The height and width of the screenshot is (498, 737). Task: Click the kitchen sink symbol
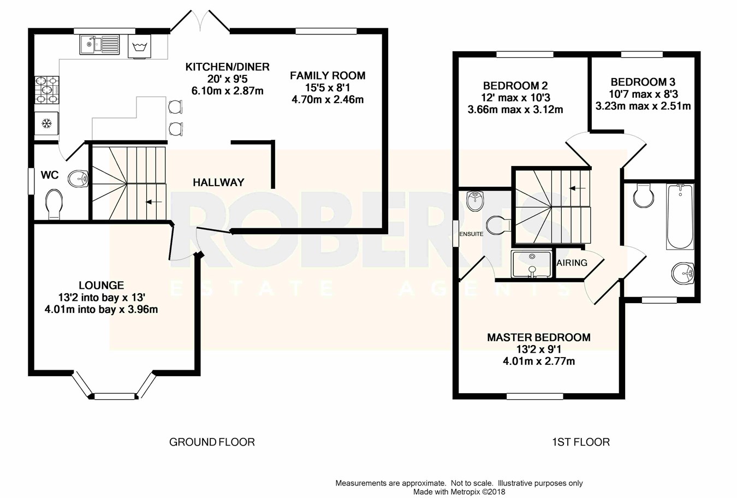(x=99, y=44)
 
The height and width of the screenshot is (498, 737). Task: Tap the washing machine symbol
(x=140, y=46)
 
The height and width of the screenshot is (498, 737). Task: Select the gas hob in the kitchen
(x=47, y=90)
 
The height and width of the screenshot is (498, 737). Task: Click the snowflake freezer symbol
(x=47, y=124)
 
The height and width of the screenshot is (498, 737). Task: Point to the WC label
(x=50, y=175)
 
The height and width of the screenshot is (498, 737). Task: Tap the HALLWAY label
(x=218, y=182)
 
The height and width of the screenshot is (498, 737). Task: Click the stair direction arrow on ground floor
(x=154, y=201)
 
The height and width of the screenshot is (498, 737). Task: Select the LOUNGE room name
(x=102, y=285)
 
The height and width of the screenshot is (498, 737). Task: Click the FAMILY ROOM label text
(x=328, y=76)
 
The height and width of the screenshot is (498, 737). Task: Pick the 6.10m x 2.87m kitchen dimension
(x=228, y=91)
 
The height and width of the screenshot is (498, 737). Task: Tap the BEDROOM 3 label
(x=643, y=81)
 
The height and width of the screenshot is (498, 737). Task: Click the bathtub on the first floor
(x=680, y=217)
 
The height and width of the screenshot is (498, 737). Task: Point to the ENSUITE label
(x=471, y=234)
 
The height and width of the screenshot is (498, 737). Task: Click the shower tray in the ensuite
(x=532, y=264)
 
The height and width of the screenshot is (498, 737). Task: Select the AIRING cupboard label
(x=572, y=263)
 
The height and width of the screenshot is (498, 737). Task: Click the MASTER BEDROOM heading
(x=539, y=337)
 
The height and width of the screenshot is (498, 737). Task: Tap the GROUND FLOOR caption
(x=212, y=442)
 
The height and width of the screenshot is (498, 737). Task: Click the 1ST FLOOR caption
(x=581, y=442)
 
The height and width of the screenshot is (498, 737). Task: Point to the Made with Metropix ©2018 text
(x=459, y=492)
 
